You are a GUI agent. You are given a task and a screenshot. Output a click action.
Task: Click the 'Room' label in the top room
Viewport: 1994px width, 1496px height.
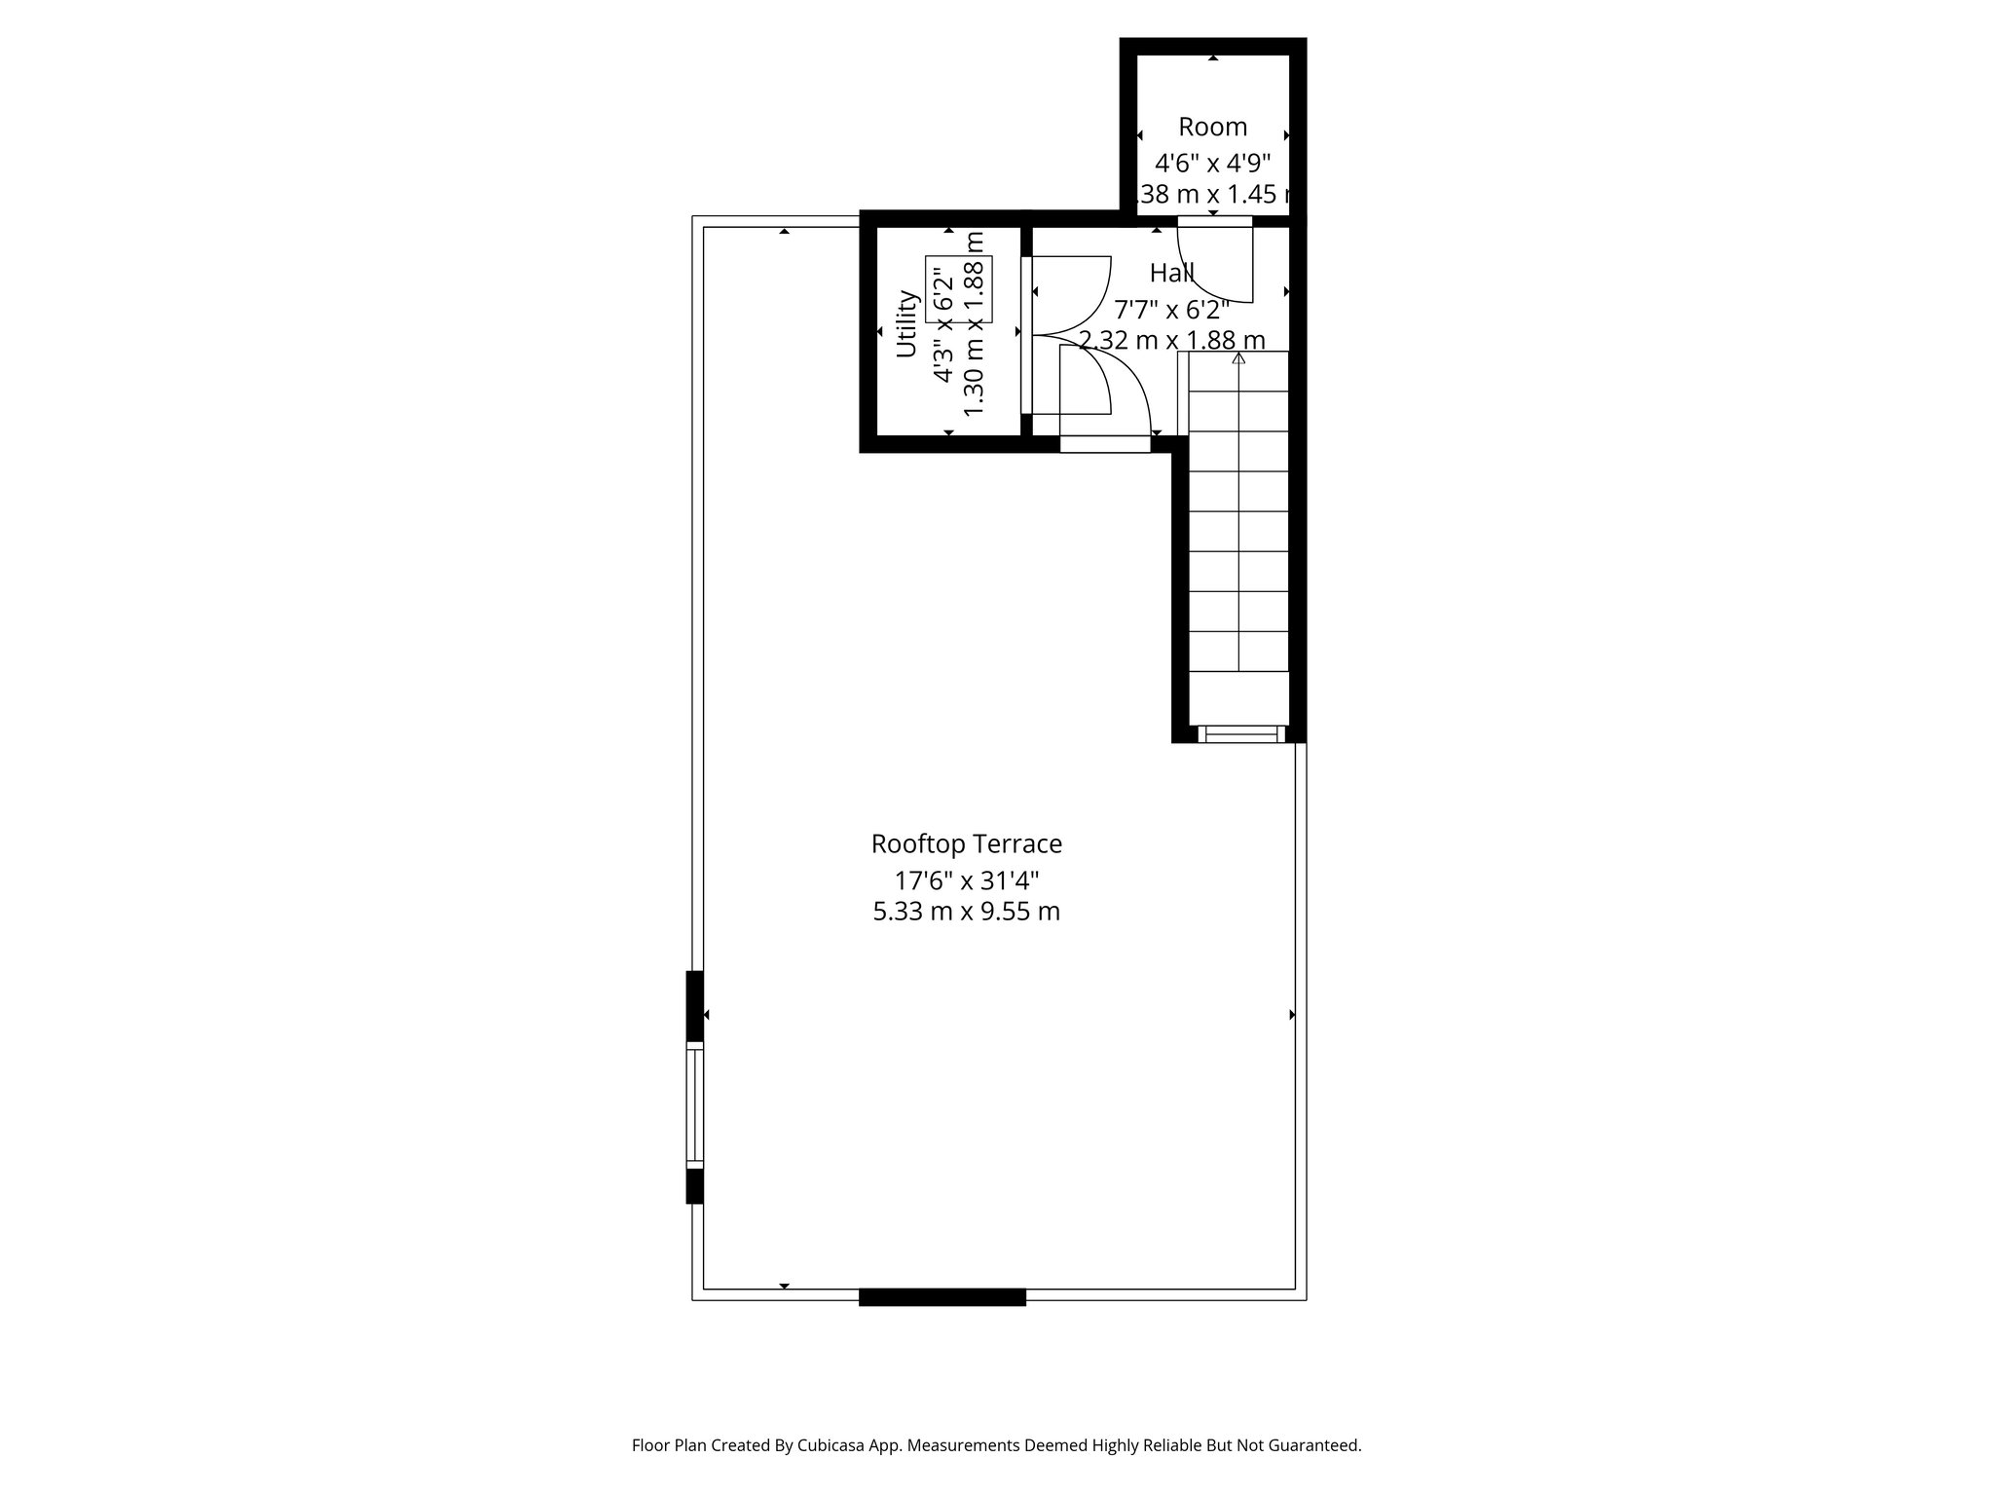1212,127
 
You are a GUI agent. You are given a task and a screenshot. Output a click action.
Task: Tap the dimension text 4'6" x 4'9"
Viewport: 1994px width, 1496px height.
1212,163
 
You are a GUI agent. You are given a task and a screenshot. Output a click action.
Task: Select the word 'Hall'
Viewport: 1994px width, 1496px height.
1171,273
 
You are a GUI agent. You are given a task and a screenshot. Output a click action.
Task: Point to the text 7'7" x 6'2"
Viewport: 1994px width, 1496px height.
1171,310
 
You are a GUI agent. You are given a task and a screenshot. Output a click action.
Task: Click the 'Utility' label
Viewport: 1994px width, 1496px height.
906,324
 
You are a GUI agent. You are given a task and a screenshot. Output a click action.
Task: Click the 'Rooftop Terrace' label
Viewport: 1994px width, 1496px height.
966,843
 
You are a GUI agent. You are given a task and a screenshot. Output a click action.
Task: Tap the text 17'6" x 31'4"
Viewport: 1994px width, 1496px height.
967,881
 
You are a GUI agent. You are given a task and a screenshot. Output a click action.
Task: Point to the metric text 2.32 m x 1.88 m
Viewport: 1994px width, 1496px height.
1171,341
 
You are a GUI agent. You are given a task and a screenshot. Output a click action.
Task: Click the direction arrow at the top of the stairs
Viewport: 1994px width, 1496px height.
1238,358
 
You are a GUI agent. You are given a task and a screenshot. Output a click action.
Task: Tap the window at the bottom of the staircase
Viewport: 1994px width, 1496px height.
1240,734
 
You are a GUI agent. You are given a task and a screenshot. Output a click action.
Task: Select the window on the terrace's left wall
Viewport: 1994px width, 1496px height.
694,1104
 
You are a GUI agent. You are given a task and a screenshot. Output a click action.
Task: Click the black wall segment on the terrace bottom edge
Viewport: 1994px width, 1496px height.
942,1296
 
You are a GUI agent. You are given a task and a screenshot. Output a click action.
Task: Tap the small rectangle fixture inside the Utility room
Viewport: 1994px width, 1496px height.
958,289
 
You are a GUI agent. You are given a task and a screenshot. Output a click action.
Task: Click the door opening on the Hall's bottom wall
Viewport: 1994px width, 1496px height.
1104,444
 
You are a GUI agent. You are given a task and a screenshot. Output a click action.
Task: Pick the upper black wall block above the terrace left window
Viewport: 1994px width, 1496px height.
694,1005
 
